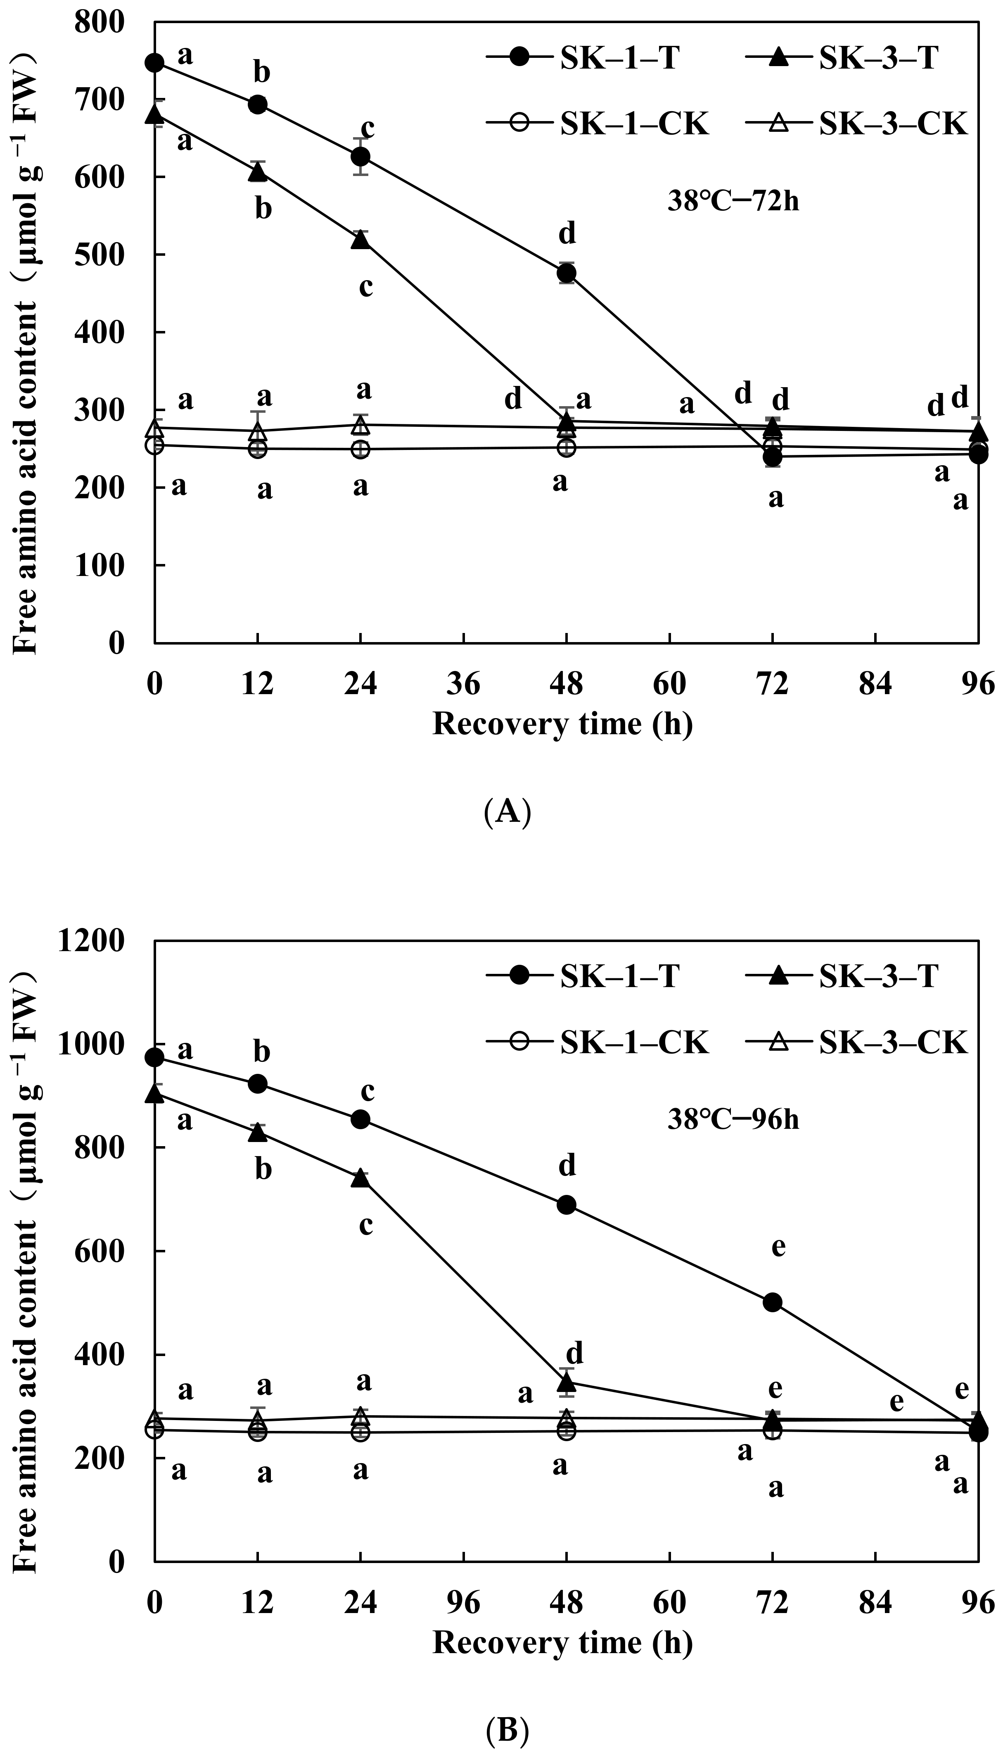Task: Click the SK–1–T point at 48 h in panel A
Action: [x=566, y=274]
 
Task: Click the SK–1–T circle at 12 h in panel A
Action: [x=258, y=104]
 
